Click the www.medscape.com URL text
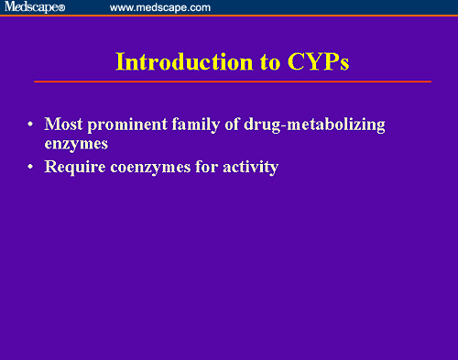pyautogui.click(x=159, y=7)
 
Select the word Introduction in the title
pyautogui.click(x=173, y=62)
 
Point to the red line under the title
pyautogui.click(x=233, y=82)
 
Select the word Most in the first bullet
pyautogui.click(x=62, y=124)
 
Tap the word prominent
pyautogui.click(x=121, y=124)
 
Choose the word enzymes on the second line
pyautogui.click(x=76, y=144)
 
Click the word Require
pyautogui.click(x=73, y=169)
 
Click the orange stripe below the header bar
pyautogui.click(x=229, y=16)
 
